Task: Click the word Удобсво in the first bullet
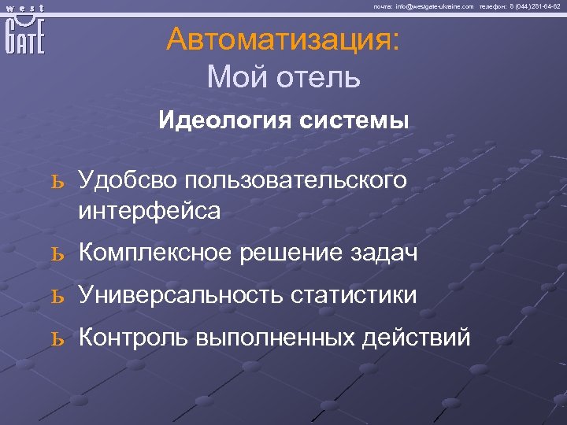[126, 180]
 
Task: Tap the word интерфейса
[150, 210]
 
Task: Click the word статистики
[354, 296]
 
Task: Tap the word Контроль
[132, 338]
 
